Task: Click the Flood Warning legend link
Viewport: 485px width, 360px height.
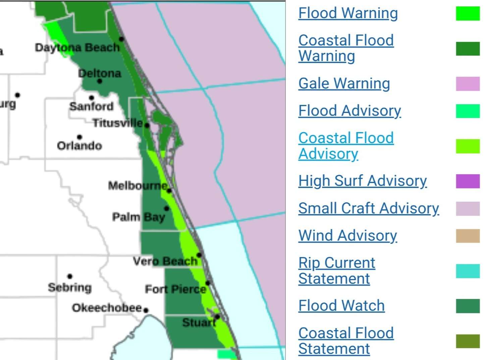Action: tap(348, 13)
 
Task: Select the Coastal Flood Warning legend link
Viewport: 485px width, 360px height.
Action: tap(346, 48)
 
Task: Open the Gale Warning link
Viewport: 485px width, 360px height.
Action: tap(344, 83)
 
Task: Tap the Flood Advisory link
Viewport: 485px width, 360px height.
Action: tap(349, 111)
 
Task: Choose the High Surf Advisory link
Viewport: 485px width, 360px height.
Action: tap(362, 181)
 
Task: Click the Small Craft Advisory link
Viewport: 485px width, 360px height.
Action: tap(369, 208)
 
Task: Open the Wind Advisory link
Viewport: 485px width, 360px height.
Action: tap(347, 236)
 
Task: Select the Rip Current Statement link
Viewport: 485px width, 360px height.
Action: tap(337, 271)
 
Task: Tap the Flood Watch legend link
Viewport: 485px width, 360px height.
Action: tap(341, 306)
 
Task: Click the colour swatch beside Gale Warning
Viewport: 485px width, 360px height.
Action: tap(468, 84)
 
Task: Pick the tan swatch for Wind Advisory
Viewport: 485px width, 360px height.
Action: tap(468, 236)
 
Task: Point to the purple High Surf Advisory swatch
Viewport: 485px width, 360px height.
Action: tap(468, 181)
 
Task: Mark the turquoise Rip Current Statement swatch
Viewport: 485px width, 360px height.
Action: tap(468, 271)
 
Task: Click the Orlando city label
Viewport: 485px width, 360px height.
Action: tap(79, 146)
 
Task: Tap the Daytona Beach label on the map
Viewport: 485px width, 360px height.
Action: tap(77, 48)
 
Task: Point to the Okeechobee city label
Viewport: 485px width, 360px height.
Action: tap(107, 308)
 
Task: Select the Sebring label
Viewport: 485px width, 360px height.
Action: tap(70, 287)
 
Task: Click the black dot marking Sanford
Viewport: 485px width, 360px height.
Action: tap(92, 98)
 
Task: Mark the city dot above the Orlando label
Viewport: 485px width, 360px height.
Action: tap(79, 137)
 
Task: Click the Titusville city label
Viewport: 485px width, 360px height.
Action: tap(118, 123)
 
